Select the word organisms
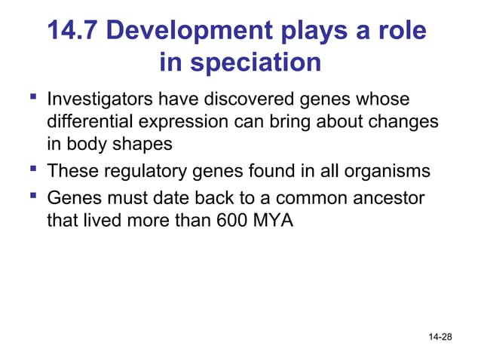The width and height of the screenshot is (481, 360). click(x=387, y=172)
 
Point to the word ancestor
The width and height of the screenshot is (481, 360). click(x=385, y=200)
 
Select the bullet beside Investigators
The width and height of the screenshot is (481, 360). click(x=32, y=99)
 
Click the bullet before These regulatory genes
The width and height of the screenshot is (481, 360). click(x=32, y=170)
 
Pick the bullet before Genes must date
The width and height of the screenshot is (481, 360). click(x=32, y=198)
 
